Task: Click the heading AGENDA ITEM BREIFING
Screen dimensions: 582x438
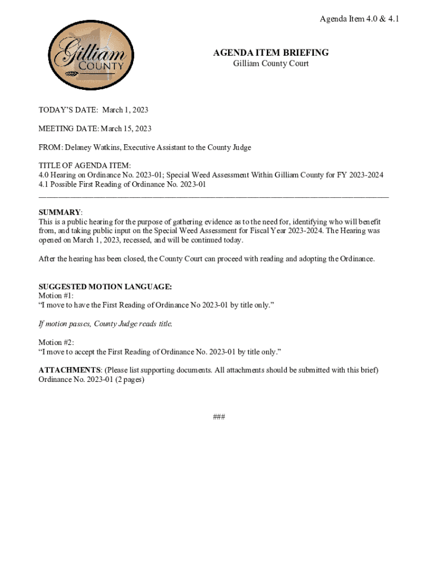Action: [x=271, y=53]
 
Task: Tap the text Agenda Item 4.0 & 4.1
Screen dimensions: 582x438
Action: [x=359, y=19]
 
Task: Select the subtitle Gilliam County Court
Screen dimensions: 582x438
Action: [x=271, y=64]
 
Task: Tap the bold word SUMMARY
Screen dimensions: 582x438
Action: [x=60, y=212]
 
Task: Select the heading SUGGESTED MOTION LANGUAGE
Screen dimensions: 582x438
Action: [x=105, y=287]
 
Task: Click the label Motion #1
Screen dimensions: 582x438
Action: [x=56, y=296]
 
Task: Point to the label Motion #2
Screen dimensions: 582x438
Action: [x=56, y=342]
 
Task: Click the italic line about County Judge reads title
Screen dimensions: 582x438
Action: [x=105, y=324]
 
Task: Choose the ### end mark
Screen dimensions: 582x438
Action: [x=219, y=417]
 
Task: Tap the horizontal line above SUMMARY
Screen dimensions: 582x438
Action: [x=213, y=197]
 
